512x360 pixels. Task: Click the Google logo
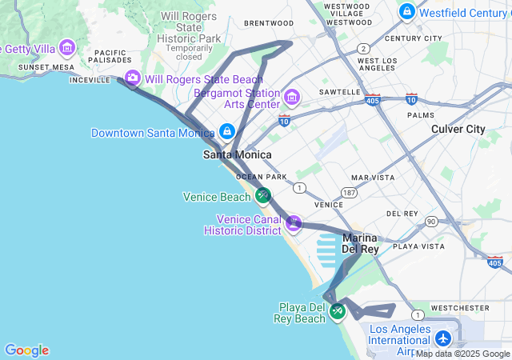(26, 350)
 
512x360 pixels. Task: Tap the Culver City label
(458, 129)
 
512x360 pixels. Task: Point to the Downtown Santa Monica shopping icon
(227, 131)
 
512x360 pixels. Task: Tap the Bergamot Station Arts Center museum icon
(291, 98)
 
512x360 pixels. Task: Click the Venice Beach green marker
(263, 195)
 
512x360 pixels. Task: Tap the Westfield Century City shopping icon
(407, 12)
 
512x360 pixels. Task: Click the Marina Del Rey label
(360, 243)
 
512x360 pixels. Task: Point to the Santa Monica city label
(237, 154)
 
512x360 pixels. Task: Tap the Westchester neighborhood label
(459, 307)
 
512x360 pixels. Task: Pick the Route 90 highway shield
(430, 221)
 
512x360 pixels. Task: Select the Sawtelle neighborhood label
(340, 92)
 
